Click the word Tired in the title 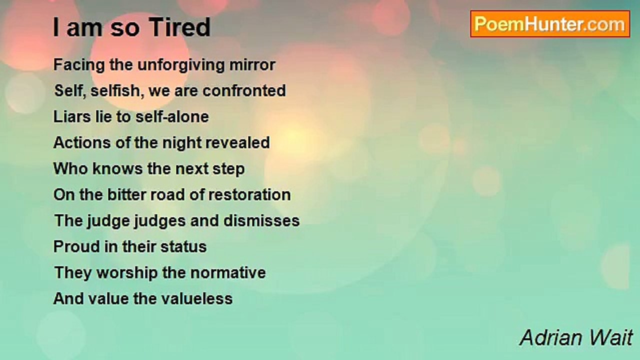point(179,27)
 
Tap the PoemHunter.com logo point(550,24)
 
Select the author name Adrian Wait point(576,337)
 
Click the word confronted point(244,90)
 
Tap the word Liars point(72,116)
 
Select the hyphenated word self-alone point(172,116)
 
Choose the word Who point(71,168)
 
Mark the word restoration point(249,195)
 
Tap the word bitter point(126,194)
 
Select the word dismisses point(261,220)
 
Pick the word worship point(127,273)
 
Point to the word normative point(228,272)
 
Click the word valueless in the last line point(197,298)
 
